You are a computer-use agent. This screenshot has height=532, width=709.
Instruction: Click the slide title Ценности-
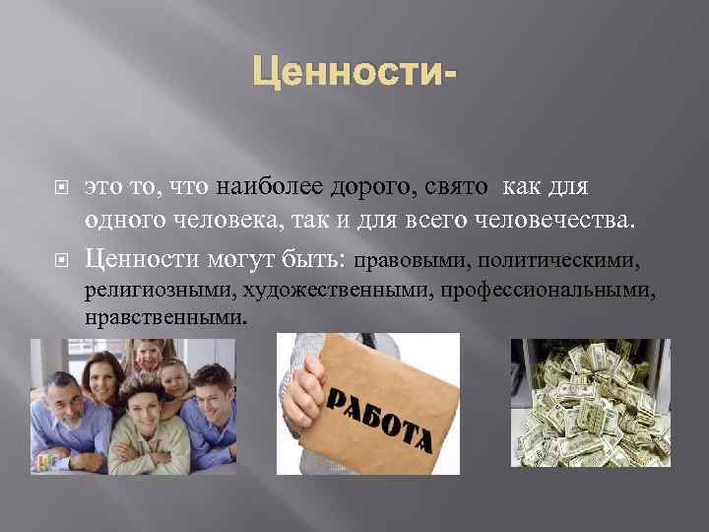[354, 73]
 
